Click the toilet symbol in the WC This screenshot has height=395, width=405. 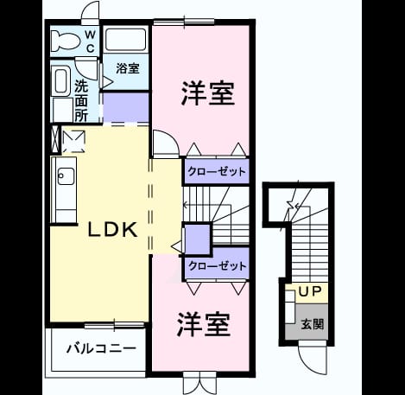pos(66,41)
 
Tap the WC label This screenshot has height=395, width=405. pos(90,41)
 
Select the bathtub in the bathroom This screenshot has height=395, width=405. pos(125,40)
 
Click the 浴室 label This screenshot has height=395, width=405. pos(128,68)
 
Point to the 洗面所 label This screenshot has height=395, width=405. pos(81,100)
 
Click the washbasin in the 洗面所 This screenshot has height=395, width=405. pos(60,80)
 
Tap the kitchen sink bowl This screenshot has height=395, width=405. pos(66,175)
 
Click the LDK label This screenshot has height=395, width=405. pos(112,230)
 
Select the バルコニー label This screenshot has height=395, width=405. pos(101,348)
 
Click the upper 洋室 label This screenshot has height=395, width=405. pos(208,93)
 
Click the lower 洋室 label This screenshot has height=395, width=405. pos(204,324)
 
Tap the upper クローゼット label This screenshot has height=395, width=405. pos(217,172)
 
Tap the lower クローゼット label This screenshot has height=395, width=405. pos(218,266)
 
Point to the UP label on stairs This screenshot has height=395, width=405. pos(310,292)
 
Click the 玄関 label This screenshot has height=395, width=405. pos(313,324)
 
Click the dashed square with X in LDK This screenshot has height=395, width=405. pos(74,142)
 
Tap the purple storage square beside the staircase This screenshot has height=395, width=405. pos(197,239)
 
